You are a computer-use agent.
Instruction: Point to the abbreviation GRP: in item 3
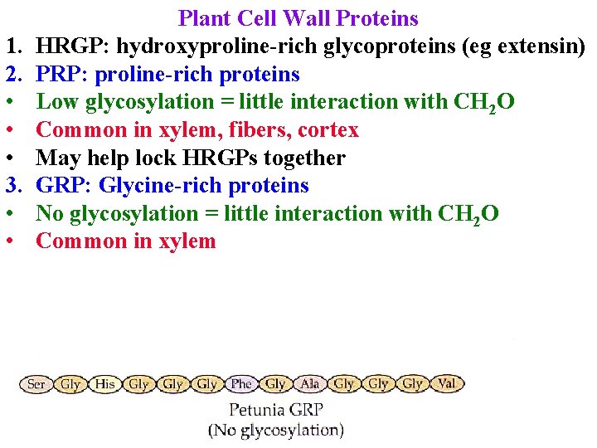point(64,186)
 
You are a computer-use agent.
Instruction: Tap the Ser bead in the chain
point(36,384)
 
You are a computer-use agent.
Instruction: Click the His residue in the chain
point(104,384)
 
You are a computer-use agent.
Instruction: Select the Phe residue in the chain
point(241,384)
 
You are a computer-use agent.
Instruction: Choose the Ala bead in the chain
point(309,384)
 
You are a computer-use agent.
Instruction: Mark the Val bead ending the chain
point(446,384)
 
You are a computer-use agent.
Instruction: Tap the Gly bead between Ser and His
point(70,384)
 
